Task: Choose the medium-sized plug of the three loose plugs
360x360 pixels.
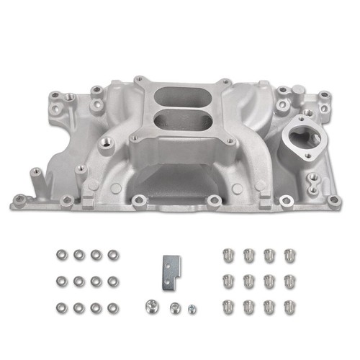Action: pos(174,306)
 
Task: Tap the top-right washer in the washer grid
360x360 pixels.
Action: pos(112,255)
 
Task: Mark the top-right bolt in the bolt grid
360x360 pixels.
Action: pos(289,256)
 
